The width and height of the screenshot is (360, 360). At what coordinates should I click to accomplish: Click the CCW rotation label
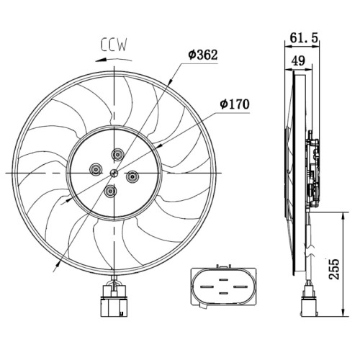114,45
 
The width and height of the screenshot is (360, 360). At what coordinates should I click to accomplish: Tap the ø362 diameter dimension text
203,55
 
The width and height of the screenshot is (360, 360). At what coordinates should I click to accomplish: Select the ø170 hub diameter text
235,104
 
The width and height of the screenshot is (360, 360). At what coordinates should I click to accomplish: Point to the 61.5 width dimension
304,37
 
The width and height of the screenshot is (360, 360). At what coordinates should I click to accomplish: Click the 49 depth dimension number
299,60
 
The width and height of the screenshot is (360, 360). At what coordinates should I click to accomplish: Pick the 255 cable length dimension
334,269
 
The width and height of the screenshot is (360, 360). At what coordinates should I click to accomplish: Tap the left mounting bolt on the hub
96,170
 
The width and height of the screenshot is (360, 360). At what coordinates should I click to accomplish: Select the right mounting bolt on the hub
132,176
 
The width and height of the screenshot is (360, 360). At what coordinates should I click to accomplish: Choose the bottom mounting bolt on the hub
110,191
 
